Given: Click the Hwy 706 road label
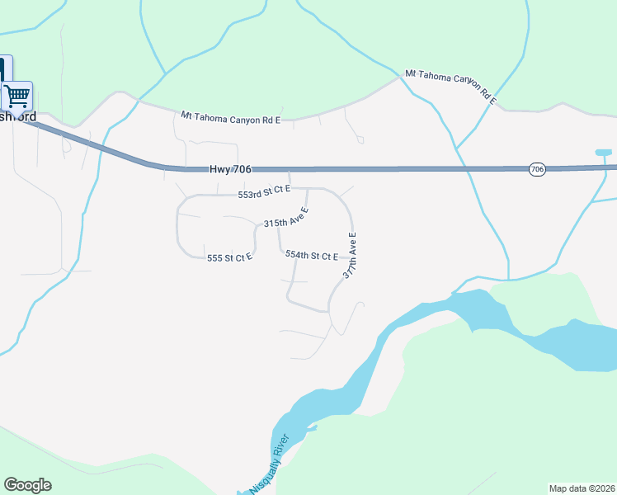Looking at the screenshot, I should point(230,169).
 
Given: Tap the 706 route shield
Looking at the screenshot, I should point(537,169).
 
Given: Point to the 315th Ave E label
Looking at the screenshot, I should point(286,219).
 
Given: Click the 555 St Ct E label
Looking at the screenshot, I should point(229,258).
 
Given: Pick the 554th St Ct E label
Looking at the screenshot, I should point(312,256).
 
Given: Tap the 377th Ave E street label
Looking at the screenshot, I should point(351,255).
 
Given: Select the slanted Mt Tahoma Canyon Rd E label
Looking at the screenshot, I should point(450,87).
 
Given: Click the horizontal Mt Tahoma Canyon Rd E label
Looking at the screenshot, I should point(231,119).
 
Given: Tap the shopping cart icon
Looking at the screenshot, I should point(16,97).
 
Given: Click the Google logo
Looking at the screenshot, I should point(27,485).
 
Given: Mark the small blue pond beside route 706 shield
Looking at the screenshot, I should point(604,153).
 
